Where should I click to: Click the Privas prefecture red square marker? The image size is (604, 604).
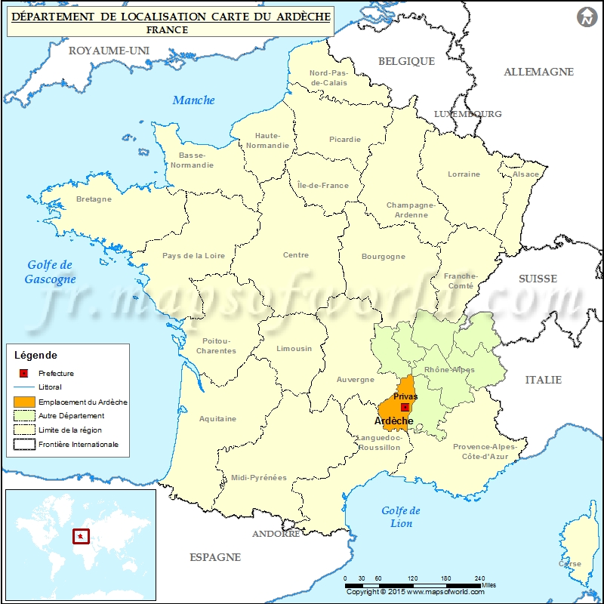(x=405, y=407)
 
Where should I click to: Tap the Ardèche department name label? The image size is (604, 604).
(x=393, y=421)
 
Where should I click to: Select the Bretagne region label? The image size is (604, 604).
(x=94, y=199)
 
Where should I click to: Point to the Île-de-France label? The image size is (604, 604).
(x=323, y=185)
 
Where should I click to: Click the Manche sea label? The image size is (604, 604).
(x=193, y=100)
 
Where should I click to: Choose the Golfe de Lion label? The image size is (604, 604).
(x=401, y=517)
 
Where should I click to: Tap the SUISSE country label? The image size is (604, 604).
(x=538, y=279)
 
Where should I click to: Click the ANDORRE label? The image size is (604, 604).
(x=276, y=534)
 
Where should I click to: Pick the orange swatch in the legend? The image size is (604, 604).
(x=25, y=402)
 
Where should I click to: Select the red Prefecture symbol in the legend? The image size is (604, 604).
(x=24, y=373)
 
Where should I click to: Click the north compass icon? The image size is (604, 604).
(x=586, y=17)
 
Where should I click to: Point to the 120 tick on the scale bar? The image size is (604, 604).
(x=414, y=578)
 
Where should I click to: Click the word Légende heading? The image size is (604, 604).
(x=35, y=355)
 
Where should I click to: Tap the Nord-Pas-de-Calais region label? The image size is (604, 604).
(x=328, y=78)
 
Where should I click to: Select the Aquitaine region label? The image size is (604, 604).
(x=217, y=418)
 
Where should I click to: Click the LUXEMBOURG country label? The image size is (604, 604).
(x=467, y=114)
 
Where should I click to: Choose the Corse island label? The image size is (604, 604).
(x=570, y=563)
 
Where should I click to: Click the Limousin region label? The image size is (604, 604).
(x=294, y=348)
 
